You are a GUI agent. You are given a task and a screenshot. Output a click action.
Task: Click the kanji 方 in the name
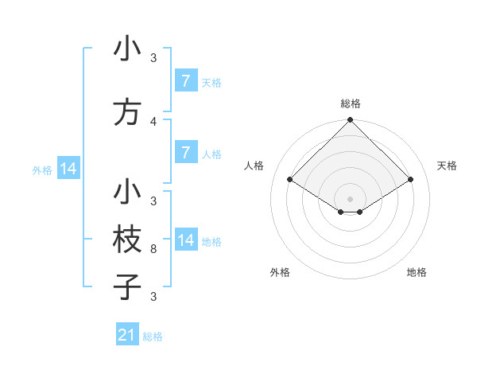[x=128, y=112]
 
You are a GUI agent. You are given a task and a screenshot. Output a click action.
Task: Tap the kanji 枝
[x=128, y=240]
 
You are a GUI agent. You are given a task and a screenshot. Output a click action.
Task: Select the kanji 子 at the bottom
[x=128, y=287]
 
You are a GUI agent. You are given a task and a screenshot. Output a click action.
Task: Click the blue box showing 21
[x=127, y=335]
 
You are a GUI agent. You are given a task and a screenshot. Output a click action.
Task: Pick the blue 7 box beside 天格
[x=185, y=81]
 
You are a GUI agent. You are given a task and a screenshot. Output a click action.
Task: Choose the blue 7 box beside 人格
[x=185, y=154]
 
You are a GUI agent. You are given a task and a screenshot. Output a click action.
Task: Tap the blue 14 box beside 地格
[x=185, y=240]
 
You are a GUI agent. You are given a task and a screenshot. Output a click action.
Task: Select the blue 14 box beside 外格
[x=68, y=169]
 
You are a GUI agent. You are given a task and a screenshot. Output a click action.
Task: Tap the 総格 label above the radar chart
[x=351, y=103]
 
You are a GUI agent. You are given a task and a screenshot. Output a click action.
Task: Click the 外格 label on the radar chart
[x=280, y=272]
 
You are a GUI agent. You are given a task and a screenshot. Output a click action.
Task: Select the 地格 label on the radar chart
[x=417, y=272]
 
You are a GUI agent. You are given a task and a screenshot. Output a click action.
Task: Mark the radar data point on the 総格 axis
[x=350, y=120]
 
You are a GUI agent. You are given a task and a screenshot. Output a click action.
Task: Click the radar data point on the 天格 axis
[x=411, y=180]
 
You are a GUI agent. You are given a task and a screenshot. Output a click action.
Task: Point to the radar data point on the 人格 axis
[x=290, y=180]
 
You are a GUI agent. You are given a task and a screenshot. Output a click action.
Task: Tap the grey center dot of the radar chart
[x=350, y=199]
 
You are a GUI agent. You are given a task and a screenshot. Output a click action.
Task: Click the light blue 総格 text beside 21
[x=153, y=337]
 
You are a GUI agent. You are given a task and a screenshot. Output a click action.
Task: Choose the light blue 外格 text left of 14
[x=42, y=169]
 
